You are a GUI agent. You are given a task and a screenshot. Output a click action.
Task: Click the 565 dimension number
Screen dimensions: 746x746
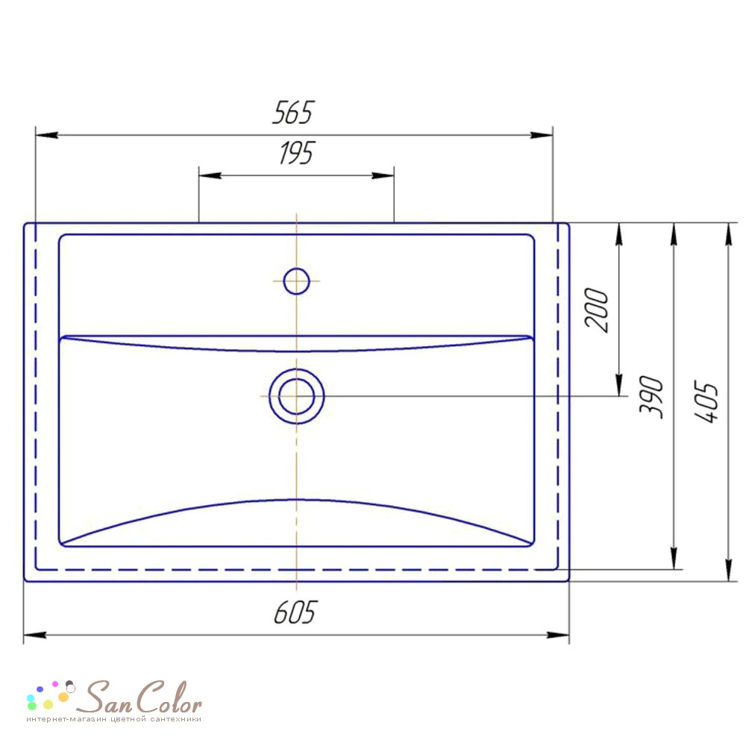[x=293, y=113]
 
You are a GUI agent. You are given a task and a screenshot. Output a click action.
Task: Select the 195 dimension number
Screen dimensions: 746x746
[x=297, y=153]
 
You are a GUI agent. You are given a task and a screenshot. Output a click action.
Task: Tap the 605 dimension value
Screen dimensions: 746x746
[x=295, y=612]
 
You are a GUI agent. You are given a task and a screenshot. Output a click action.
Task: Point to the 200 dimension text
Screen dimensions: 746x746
[x=597, y=310]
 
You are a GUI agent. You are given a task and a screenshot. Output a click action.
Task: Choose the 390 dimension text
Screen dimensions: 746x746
[x=651, y=398]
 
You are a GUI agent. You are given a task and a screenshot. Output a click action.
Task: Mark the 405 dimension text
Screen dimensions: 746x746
[x=706, y=401]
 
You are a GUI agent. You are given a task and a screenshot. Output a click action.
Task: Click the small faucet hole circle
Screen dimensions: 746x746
[x=296, y=281]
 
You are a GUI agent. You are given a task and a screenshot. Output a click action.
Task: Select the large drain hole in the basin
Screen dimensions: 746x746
[x=296, y=396]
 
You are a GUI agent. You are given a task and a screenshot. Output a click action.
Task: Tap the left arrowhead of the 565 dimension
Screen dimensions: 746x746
[x=46, y=135]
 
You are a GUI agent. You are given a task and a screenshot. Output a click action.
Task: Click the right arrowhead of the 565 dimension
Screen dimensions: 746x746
[x=542, y=135]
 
